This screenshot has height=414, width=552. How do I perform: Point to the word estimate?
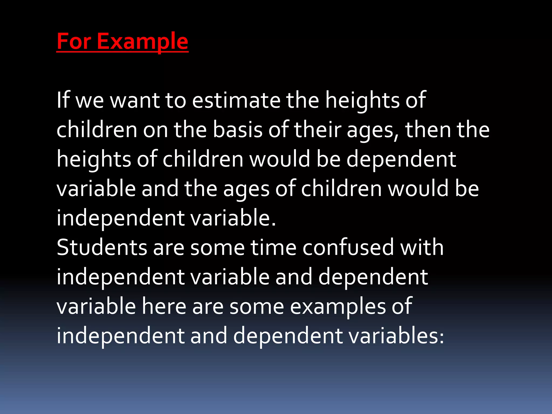click(x=236, y=100)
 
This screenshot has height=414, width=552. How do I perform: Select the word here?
click(x=164, y=306)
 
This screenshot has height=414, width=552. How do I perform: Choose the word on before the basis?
click(x=155, y=130)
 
